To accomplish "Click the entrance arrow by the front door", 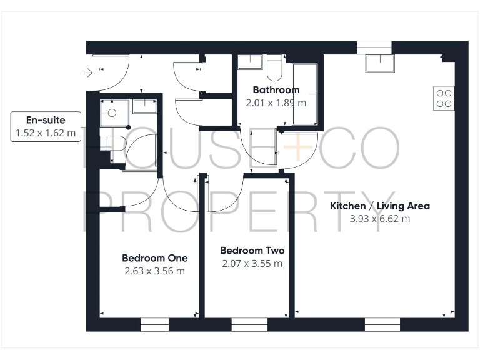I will coord(88,73).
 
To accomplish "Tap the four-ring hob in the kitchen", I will coord(444,98).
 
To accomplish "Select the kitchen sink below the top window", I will coord(380,63).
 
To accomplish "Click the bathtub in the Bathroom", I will coord(306,94).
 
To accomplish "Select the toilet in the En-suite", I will coord(114,143).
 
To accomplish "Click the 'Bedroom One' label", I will coord(154,258).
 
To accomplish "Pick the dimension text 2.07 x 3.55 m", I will coord(252,264).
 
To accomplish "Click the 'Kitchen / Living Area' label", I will coord(380,206).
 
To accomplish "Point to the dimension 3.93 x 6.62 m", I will coord(380,219).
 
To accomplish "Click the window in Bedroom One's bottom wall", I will coord(154,325).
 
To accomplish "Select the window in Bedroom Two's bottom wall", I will coord(245,325).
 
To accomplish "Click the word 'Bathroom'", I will coord(276,90).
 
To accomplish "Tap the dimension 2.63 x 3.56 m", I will coord(154,271).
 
